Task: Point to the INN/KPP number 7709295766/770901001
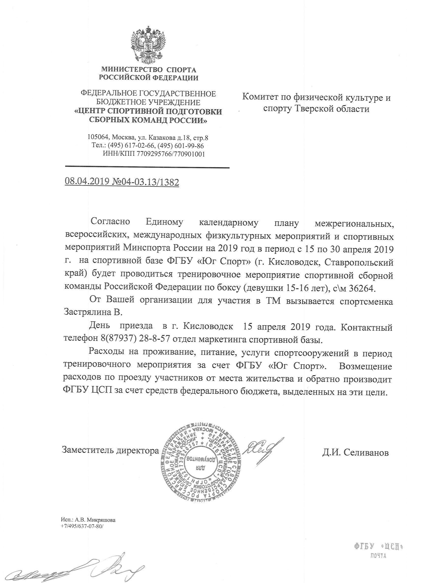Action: point(171,154)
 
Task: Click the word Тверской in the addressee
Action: point(314,109)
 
